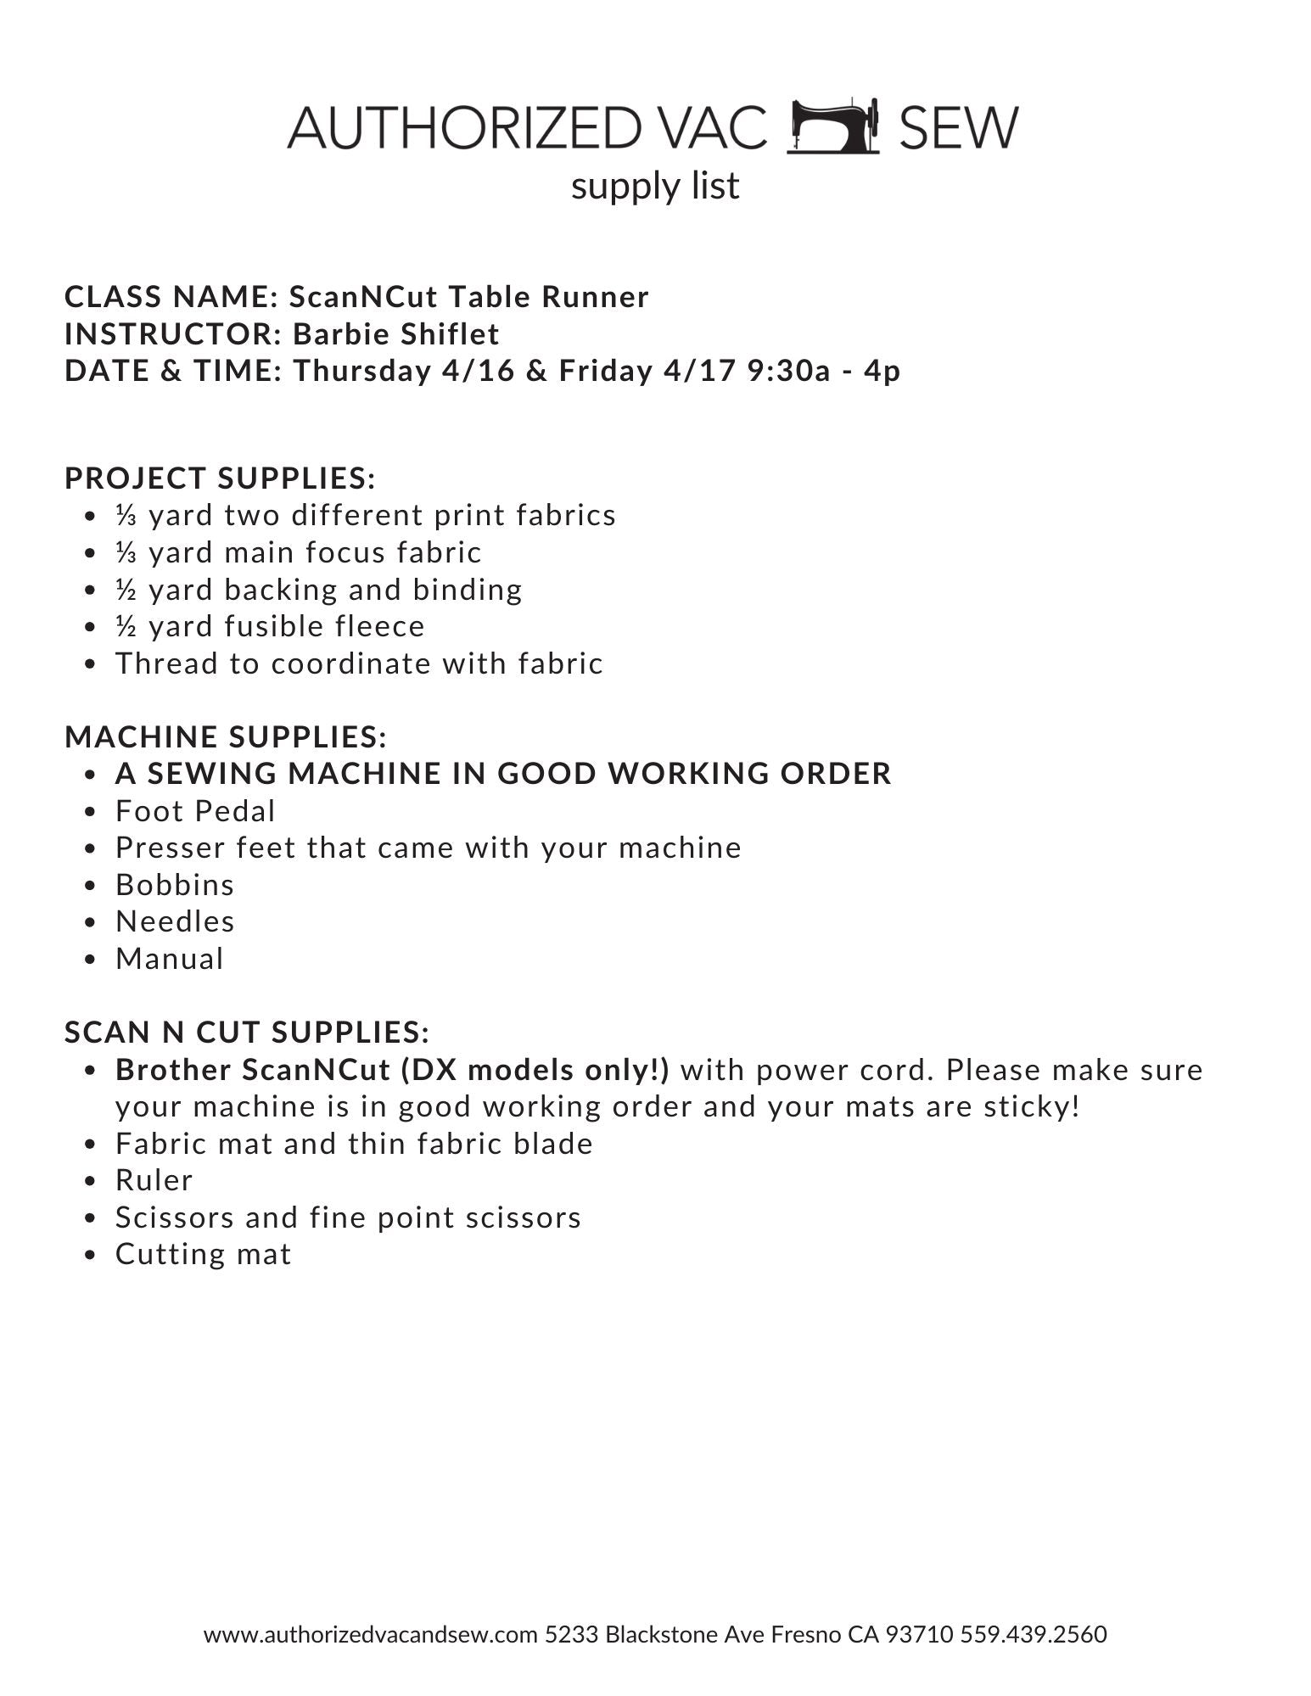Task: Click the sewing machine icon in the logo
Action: (x=832, y=127)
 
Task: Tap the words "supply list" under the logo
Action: (x=655, y=186)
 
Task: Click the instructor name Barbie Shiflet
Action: (x=396, y=334)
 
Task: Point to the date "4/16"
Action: (x=479, y=372)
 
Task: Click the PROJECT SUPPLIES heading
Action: (x=220, y=479)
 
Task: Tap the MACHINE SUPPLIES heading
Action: (x=226, y=737)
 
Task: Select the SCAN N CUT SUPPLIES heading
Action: (x=247, y=1033)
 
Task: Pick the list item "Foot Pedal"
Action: (x=195, y=812)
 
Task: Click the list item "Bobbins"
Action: (x=175, y=886)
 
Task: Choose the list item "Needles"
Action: (x=175, y=922)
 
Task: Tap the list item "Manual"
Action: (x=170, y=960)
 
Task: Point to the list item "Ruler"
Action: (x=154, y=1181)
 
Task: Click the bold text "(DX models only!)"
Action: (x=535, y=1071)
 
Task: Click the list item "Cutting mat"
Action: (x=203, y=1255)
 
